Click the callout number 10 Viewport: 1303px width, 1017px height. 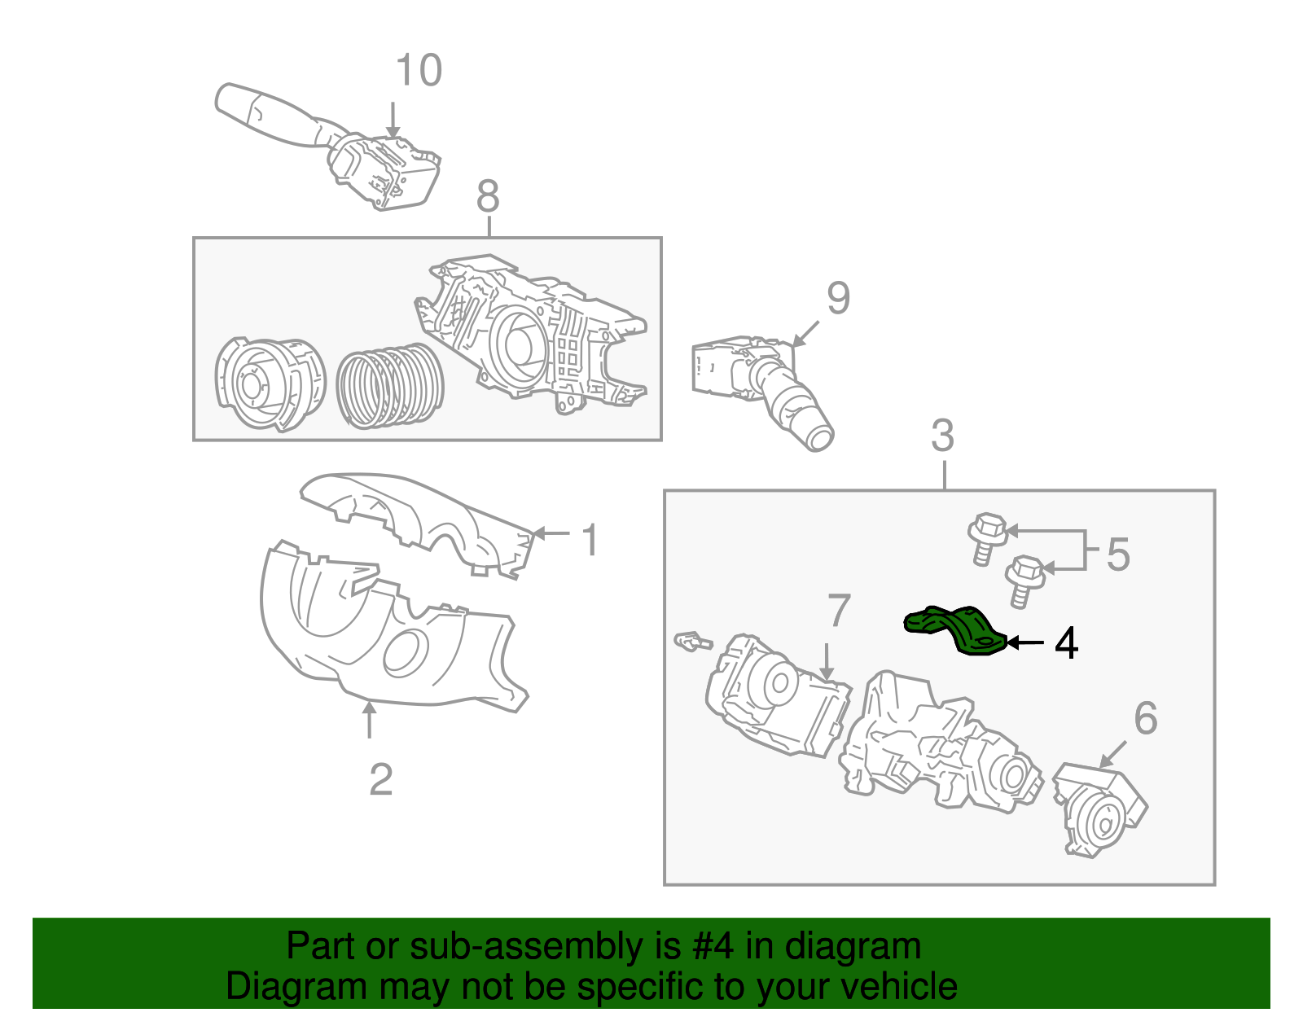(419, 71)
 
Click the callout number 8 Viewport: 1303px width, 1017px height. (487, 196)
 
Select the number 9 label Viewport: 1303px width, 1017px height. (838, 299)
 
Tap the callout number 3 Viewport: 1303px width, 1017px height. (942, 436)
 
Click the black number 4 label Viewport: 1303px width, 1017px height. (1066, 643)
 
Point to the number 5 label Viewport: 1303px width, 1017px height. (1118, 555)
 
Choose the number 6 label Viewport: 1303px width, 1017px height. (1145, 718)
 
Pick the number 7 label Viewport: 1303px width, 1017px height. (839, 611)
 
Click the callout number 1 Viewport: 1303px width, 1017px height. (590, 541)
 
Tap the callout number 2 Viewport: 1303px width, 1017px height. (380, 780)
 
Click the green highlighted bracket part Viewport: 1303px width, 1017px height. (955, 628)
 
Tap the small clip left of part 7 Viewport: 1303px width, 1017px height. (691, 641)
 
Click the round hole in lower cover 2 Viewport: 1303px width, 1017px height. (405, 652)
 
